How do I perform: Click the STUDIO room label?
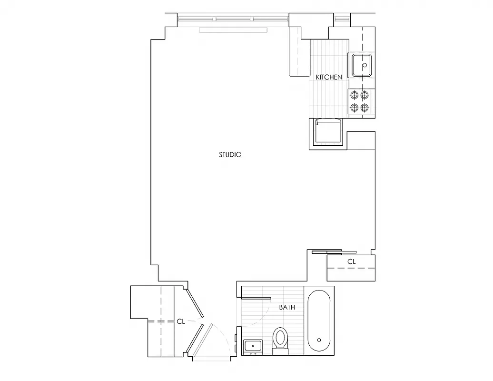pos(230,155)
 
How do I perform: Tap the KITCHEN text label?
pos(329,77)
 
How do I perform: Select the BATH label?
pos(287,308)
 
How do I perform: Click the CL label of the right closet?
pos(351,261)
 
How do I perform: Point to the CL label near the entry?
pos(181,321)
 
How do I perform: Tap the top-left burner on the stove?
pos(354,95)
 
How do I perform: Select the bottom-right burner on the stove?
pos(365,107)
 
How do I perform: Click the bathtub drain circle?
pos(318,340)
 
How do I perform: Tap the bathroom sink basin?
pos(252,346)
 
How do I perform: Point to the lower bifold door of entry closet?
pos(195,339)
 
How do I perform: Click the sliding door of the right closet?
pos(333,251)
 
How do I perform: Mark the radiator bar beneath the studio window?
pos(233,30)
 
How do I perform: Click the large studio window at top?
pos(233,20)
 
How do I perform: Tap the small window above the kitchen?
pos(342,20)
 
